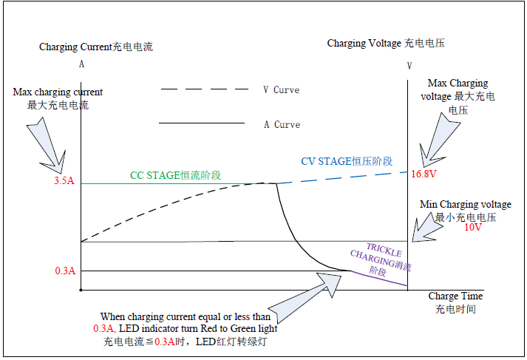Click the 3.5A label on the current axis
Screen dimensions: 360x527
[x=64, y=181]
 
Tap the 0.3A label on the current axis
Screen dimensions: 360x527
[x=64, y=271]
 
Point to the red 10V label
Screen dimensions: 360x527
[x=473, y=228]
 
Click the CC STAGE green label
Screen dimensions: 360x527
[x=175, y=175]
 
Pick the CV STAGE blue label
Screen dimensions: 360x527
[x=346, y=161]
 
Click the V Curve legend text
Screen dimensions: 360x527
[x=281, y=89]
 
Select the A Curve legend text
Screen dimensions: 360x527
[x=282, y=124]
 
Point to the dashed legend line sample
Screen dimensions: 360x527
[x=204, y=89]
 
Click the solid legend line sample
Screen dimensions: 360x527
[x=201, y=123]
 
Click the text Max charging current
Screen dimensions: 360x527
[x=58, y=92]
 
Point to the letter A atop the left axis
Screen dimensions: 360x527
[x=81, y=64]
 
